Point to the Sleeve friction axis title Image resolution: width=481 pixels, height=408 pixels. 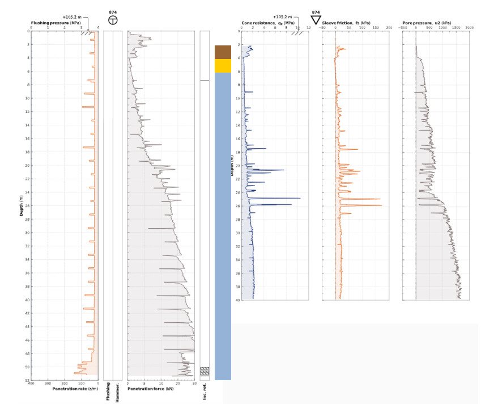coord(346,22)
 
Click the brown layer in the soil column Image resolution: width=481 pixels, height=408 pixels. coord(223,52)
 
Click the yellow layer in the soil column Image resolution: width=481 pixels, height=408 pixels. coord(223,66)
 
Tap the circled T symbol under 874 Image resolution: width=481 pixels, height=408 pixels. coord(113,20)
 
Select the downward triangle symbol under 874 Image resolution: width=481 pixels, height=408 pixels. coord(316,20)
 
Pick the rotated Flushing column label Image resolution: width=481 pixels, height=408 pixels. coord(108,392)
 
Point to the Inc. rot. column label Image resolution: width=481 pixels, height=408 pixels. coord(205,392)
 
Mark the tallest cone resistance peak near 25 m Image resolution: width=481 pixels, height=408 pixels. coord(300,198)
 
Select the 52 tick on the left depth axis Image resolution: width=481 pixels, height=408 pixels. coord(27,380)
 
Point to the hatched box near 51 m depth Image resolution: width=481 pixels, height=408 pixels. coord(205,372)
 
